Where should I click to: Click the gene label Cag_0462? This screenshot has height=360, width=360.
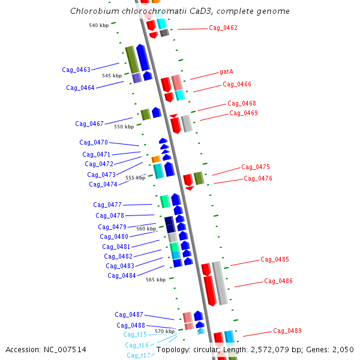coord(223,28)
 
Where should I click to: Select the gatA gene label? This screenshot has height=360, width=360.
coord(227,71)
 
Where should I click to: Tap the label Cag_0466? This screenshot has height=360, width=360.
coord(237,85)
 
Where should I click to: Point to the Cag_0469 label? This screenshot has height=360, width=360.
coord(244,113)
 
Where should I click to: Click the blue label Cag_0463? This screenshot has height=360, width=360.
coord(76,70)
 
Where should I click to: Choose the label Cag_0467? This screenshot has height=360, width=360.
coord(89,124)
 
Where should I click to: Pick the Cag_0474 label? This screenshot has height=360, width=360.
coord(103,185)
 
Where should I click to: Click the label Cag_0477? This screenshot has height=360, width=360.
coord(107,205)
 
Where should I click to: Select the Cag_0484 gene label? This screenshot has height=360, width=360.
coord(122,276)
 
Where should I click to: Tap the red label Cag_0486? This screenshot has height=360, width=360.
coord(278,281)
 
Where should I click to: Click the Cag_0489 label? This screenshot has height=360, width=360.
coord(287,331)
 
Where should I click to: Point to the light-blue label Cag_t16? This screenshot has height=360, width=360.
coord(137,346)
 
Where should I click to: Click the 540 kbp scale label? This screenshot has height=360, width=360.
coord(98,25)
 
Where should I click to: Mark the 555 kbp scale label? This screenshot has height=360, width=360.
coord(135,178)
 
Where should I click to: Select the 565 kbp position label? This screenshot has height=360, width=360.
coord(155,280)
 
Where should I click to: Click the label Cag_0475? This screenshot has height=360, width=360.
coord(256,167)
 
